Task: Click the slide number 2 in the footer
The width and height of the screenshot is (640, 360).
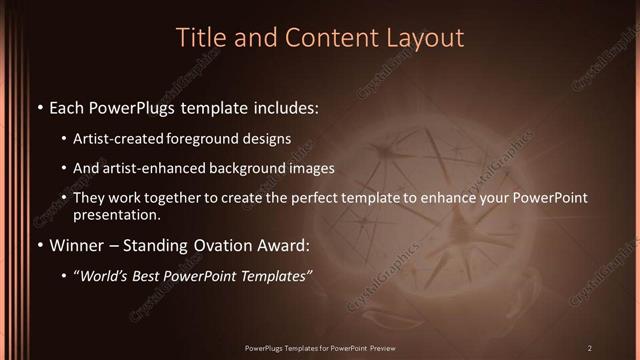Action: pyautogui.click(x=589, y=347)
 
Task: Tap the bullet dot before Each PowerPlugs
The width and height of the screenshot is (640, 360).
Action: pyautogui.click(x=39, y=107)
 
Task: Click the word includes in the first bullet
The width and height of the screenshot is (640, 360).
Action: pyautogui.click(x=285, y=107)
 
